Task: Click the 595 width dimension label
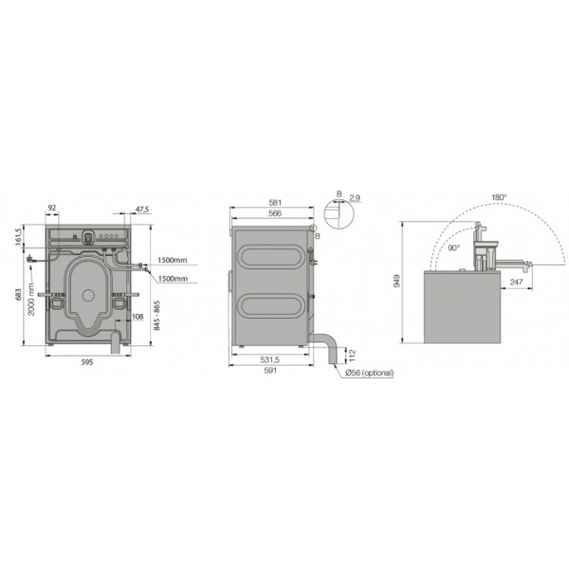[x=87, y=362]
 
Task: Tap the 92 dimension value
[x=52, y=208]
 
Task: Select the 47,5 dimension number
[x=142, y=210]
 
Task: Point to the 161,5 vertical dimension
[x=19, y=236]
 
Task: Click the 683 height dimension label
[x=19, y=295]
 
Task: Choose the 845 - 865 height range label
[x=156, y=316]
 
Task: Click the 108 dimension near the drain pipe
[x=138, y=317]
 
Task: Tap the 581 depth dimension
[x=275, y=203]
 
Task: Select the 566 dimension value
[x=275, y=213]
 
